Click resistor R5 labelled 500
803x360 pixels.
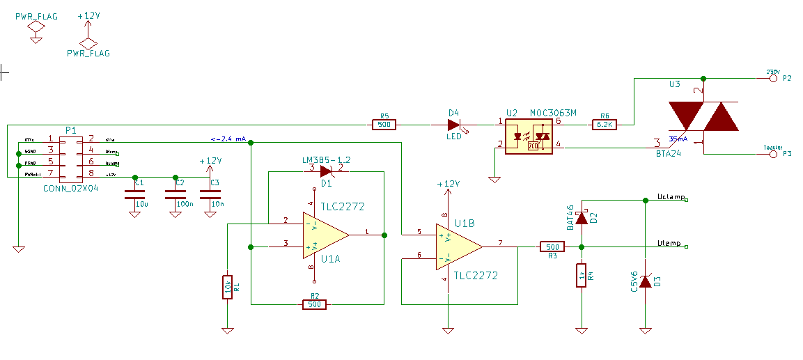383,125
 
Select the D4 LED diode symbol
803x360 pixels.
455,125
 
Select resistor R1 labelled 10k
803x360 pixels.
227,286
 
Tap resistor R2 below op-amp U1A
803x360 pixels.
314,304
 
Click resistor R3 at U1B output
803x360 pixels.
552,246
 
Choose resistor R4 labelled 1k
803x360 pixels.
581,276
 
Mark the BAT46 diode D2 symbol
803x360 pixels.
581,217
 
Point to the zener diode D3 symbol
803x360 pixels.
646,281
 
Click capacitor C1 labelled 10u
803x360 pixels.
134,196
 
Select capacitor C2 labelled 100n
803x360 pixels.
173,196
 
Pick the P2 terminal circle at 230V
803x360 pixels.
773,78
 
